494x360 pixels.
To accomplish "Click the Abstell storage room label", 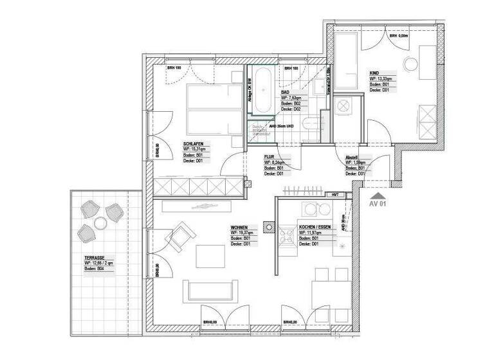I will pyautogui.click(x=352, y=156).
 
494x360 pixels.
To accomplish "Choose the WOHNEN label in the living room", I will pyautogui.click(x=241, y=227).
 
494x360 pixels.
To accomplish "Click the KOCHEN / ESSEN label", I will pyautogui.click(x=315, y=227).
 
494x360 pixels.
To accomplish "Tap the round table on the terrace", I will pyautogui.click(x=100, y=223).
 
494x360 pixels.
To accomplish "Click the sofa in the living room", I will pyautogui.click(x=212, y=291).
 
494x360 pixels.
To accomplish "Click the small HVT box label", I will pyautogui.click(x=335, y=194).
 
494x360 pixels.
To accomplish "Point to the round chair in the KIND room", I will pyautogui.click(x=409, y=65).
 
